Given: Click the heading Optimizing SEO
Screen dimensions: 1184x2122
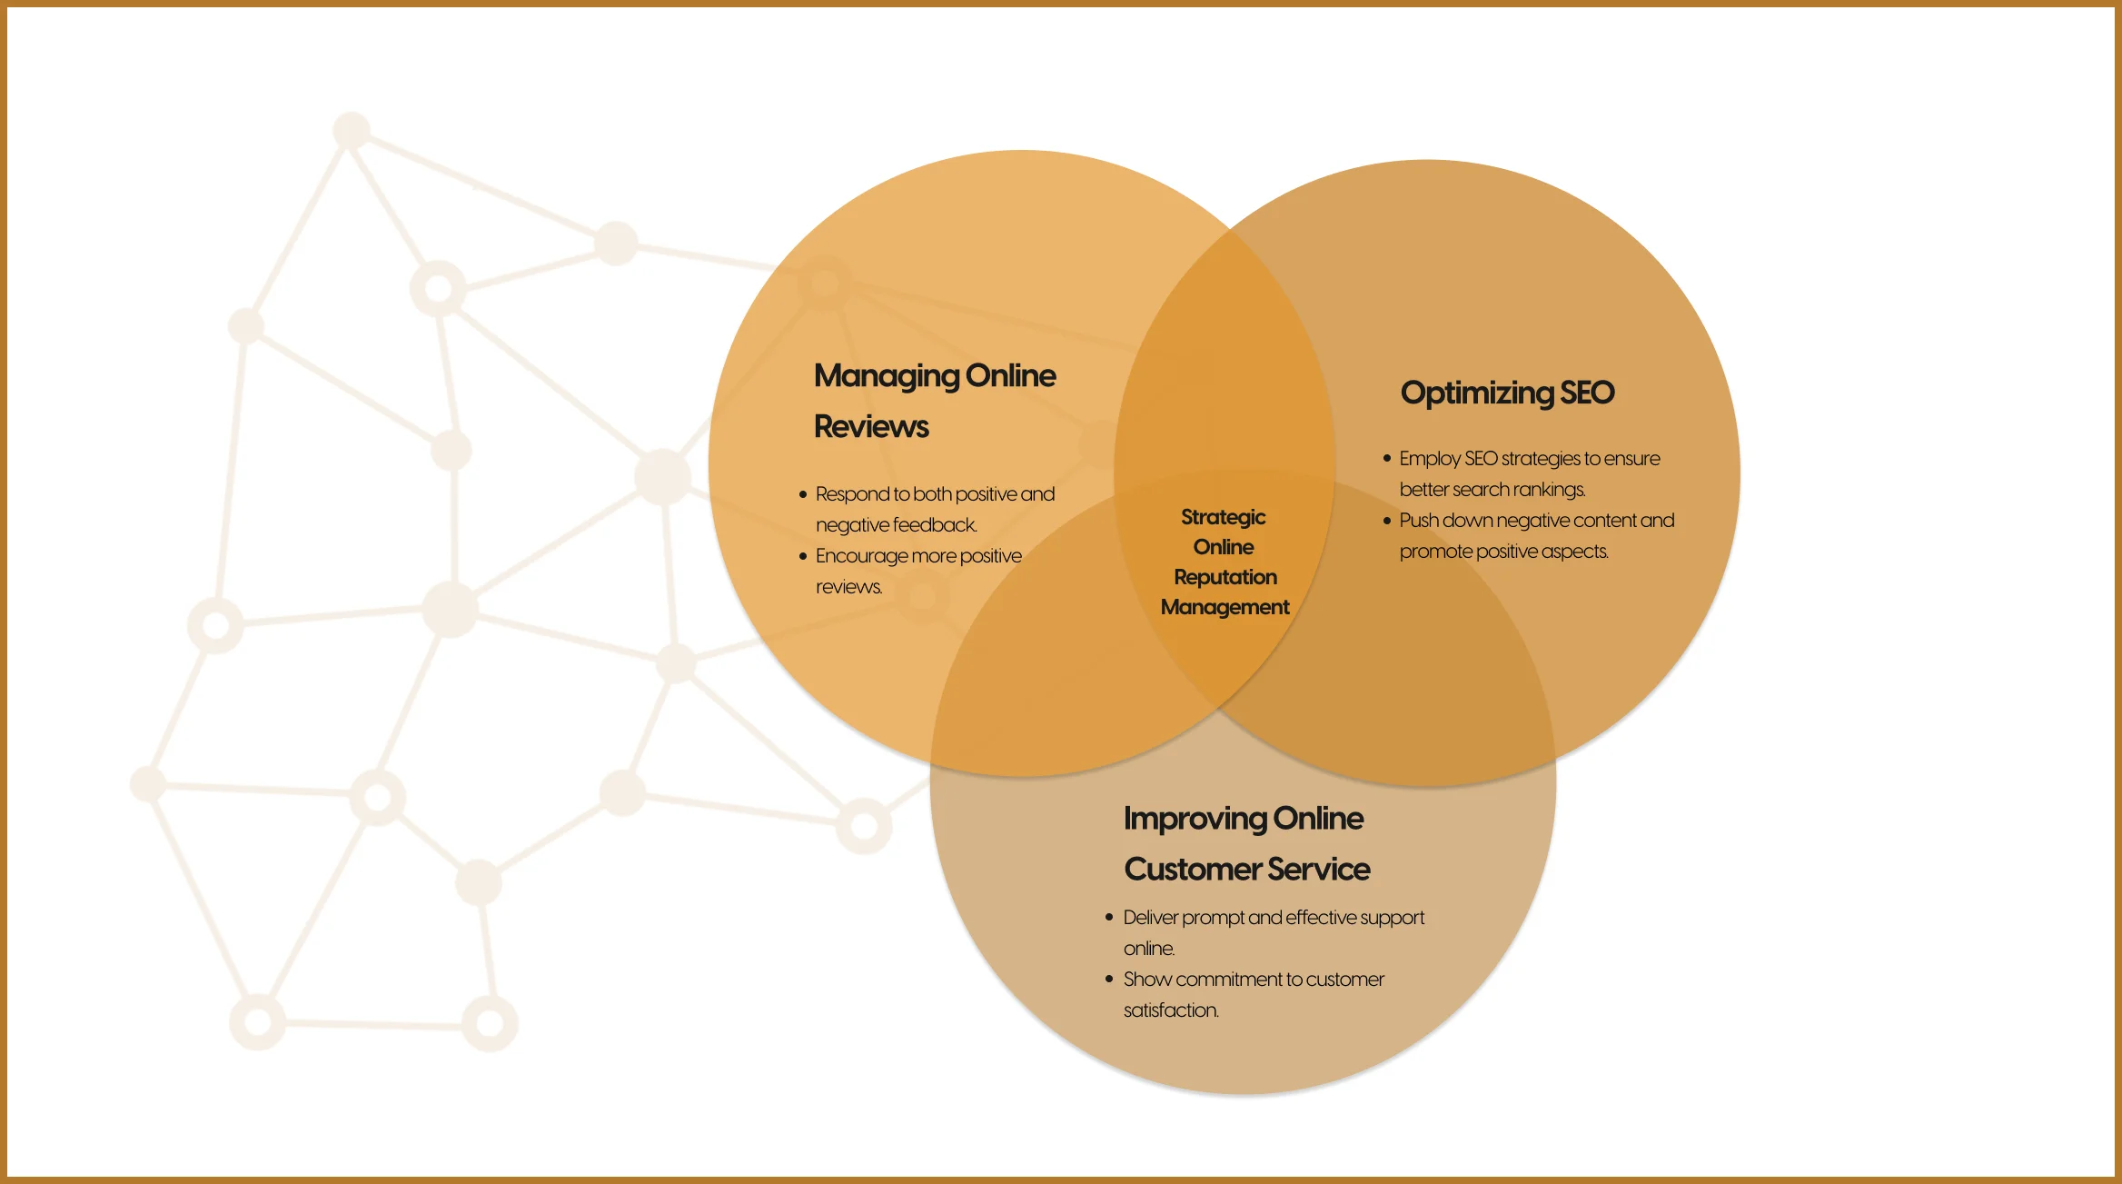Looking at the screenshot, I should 1507,393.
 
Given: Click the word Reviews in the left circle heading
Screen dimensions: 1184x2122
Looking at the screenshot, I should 871,427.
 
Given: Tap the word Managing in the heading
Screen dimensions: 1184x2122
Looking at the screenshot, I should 886,376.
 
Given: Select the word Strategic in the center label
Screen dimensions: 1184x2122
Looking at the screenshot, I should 1223,517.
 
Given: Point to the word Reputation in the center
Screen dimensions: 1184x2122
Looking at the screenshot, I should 1225,577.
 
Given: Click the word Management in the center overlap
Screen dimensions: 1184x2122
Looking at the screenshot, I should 1225,607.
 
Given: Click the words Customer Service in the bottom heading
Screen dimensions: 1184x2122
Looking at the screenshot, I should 1246,870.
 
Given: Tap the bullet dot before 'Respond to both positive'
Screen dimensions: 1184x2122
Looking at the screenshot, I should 803,494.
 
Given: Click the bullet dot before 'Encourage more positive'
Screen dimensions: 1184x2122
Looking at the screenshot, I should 803,556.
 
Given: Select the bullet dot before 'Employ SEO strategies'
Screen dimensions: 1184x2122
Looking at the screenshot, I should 1387,459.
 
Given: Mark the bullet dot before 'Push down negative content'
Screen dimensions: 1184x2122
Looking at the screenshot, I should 1387,521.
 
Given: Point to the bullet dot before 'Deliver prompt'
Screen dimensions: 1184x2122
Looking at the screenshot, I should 1109,918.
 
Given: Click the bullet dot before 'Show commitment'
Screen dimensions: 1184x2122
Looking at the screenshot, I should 1109,980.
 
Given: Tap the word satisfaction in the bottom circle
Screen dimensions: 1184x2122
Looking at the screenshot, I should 1170,1010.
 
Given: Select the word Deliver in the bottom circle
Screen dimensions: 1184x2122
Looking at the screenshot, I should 1150,918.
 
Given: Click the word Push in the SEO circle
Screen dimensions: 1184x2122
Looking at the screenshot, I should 1418,521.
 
